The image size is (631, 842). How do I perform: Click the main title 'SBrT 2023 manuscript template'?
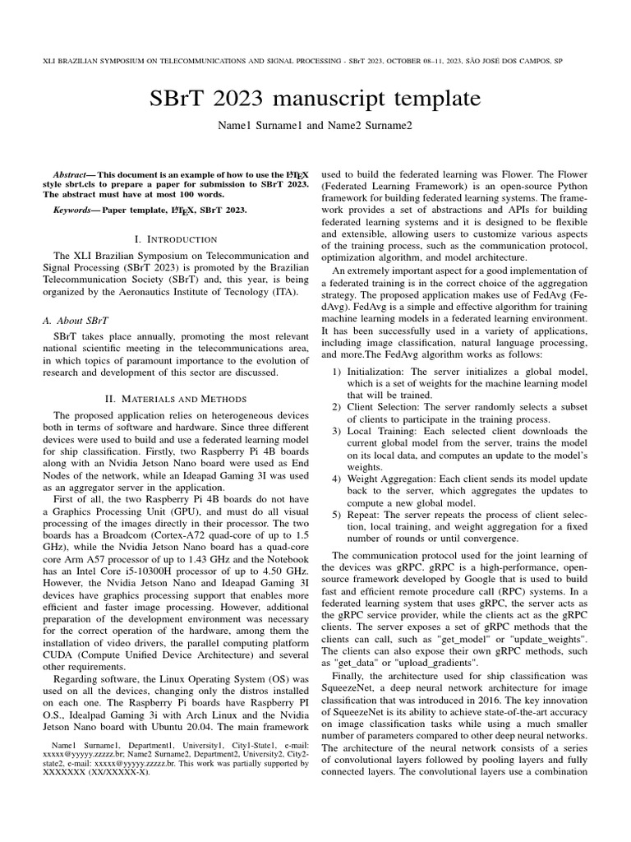coord(315,100)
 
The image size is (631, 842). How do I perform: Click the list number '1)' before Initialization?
coord(337,372)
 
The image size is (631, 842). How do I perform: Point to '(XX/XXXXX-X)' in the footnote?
coord(122,772)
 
